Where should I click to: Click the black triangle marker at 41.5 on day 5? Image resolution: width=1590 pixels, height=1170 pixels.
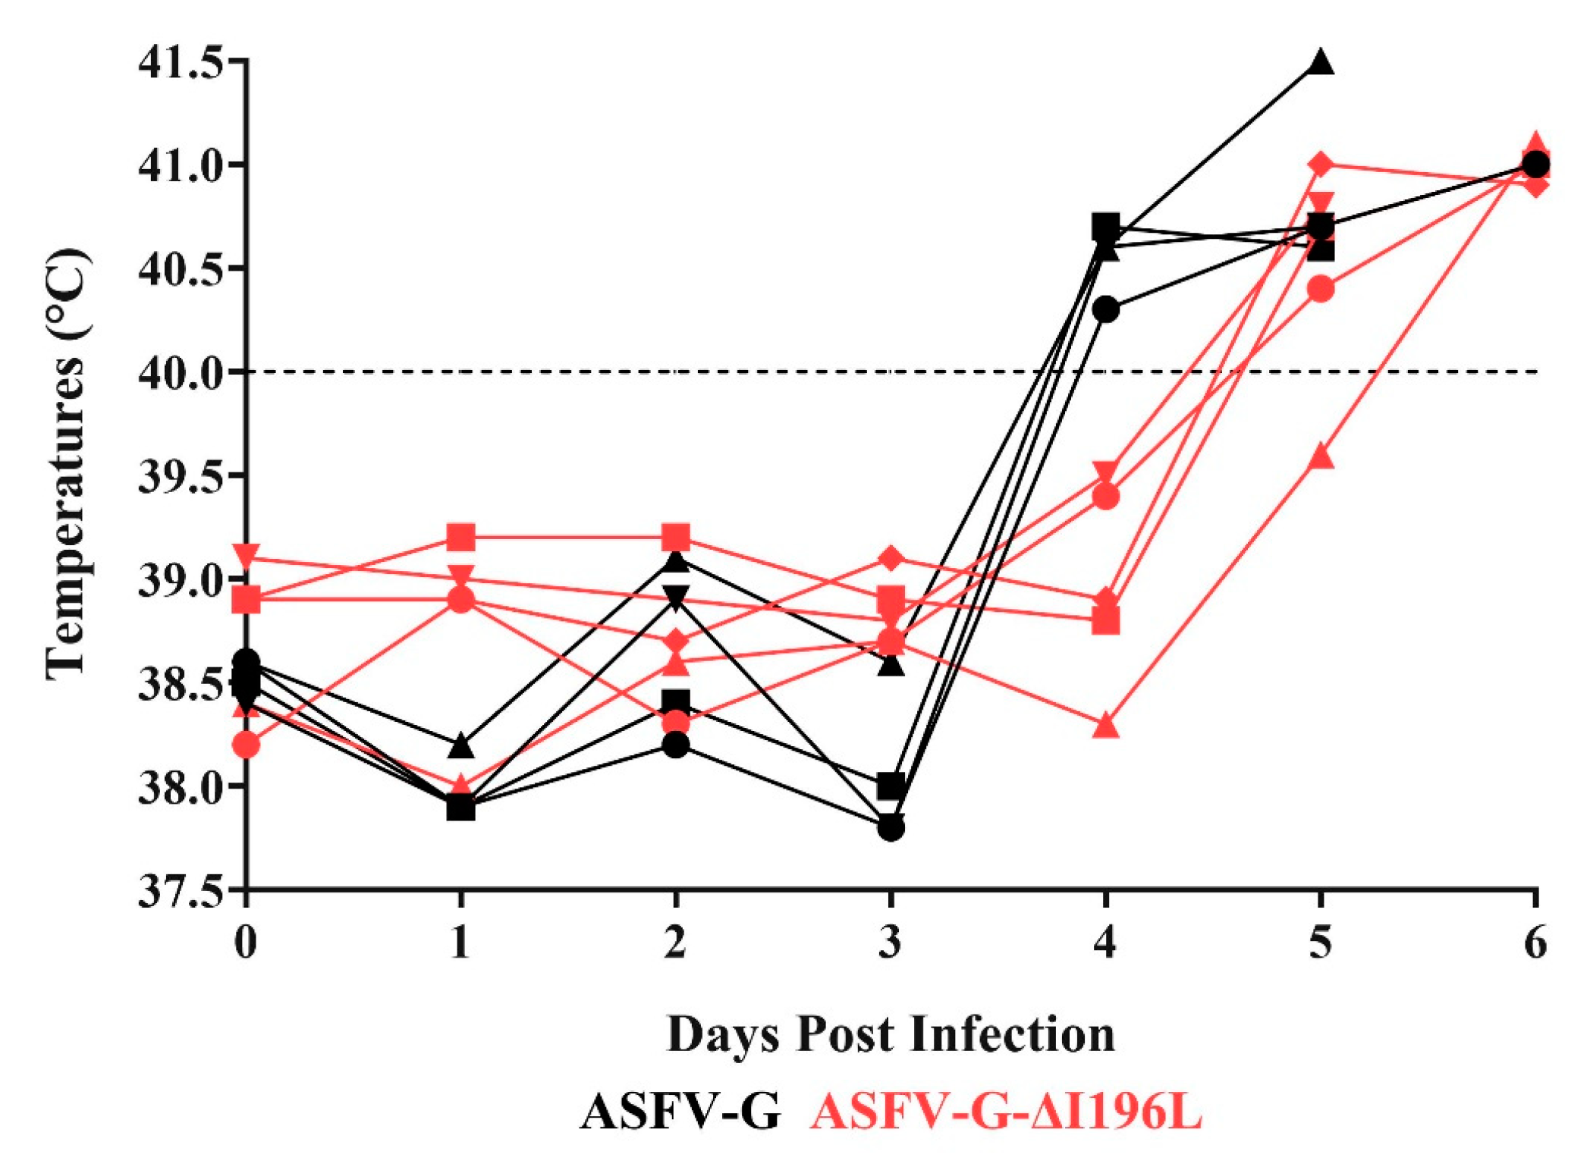pyautogui.click(x=1321, y=62)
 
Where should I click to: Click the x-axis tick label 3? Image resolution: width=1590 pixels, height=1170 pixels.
pyautogui.click(x=891, y=943)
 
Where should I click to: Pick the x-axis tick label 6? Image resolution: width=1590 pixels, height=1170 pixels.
pyautogui.click(x=1535, y=943)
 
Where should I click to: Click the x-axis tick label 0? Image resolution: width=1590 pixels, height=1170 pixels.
pyautogui.click(x=245, y=943)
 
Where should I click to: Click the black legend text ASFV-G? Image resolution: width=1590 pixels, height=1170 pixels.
pyautogui.click(x=680, y=1113)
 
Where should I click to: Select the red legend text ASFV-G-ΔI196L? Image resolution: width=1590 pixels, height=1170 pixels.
pyautogui.click(x=1006, y=1113)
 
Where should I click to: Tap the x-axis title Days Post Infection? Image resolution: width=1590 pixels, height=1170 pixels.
pyautogui.click(x=891, y=1033)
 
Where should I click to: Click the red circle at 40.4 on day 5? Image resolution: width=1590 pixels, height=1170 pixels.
pyautogui.click(x=1321, y=290)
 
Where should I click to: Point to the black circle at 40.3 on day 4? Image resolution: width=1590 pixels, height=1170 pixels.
pyautogui.click(x=1106, y=310)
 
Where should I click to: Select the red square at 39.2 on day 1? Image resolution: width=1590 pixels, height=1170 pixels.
pyautogui.click(x=460, y=538)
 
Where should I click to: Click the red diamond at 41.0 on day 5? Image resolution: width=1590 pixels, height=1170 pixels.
pyautogui.click(x=1321, y=164)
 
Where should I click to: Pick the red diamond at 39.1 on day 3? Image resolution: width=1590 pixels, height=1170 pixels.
pyautogui.click(x=891, y=559)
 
